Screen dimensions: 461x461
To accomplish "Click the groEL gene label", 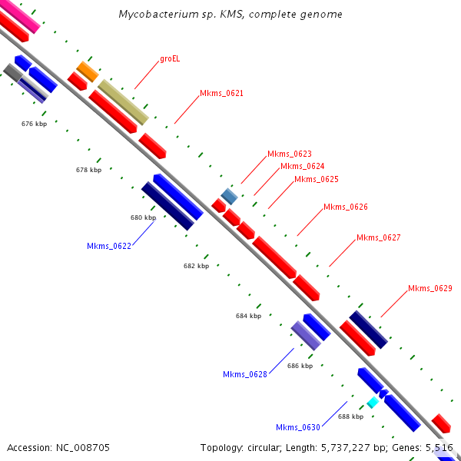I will tap(171, 58).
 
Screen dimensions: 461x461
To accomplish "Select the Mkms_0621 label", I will tap(221, 94).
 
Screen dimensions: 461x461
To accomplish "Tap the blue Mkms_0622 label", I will tap(109, 246).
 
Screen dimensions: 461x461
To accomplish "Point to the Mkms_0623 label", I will tap(289, 154).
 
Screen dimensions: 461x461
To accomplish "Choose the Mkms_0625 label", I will tap(316, 179).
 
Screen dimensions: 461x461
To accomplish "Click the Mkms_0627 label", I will tap(378, 237).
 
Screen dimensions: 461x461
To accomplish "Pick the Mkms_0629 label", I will tap(429, 288).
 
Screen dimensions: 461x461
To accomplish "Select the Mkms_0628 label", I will tap(245, 374).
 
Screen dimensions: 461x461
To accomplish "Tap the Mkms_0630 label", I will tap(298, 427).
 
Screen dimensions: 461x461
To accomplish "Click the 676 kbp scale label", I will tap(34, 123).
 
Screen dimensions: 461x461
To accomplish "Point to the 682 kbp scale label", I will tap(196, 266).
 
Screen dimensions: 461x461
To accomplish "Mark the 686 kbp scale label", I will tap(300, 366).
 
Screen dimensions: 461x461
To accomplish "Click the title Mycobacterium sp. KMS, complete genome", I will tap(230, 15).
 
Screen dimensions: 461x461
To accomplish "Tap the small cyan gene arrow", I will tap(373, 402).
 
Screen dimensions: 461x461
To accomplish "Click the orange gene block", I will tap(87, 71).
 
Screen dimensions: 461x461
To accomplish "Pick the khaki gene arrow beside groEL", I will tap(123, 102).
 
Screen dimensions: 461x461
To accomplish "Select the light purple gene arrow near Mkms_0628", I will tap(305, 336).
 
